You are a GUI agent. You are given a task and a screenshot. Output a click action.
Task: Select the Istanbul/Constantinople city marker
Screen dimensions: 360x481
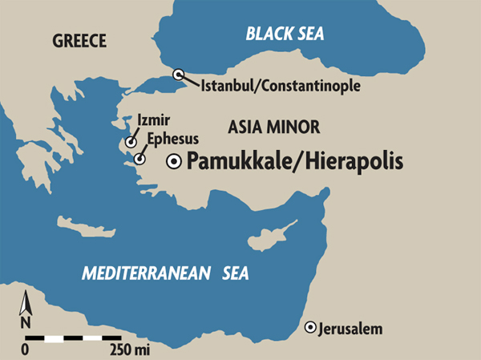pyautogui.click(x=179, y=75)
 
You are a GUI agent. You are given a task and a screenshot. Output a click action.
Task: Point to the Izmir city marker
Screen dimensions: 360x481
pyautogui.click(x=131, y=140)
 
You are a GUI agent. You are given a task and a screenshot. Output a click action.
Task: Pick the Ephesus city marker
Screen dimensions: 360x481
pyautogui.click(x=139, y=159)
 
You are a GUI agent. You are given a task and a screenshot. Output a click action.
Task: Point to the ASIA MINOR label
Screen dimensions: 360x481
pyautogui.click(x=274, y=127)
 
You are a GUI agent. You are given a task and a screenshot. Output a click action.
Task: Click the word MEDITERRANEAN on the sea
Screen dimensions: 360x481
pyautogui.click(x=137, y=274)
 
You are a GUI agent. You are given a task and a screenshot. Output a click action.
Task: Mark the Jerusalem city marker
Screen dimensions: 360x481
pyautogui.click(x=310, y=327)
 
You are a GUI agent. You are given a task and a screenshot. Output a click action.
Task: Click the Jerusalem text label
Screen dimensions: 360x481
pyautogui.click(x=350, y=329)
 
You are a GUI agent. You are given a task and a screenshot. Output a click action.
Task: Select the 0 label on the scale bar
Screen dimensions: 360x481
pyautogui.click(x=25, y=350)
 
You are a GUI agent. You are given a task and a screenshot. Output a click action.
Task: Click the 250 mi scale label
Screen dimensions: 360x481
pyautogui.click(x=128, y=350)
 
